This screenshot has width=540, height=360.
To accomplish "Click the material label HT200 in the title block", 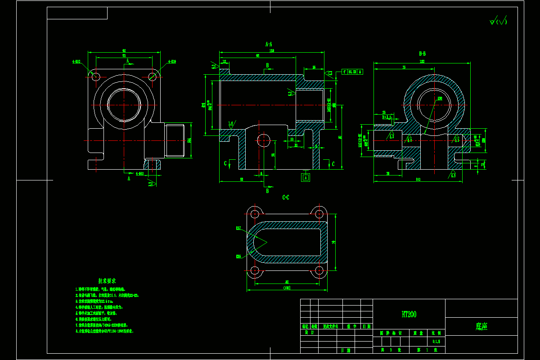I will [409, 315].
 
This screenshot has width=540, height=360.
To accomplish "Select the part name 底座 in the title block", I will [481, 327].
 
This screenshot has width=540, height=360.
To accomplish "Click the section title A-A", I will [269, 44].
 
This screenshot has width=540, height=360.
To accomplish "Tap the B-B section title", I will [422, 54].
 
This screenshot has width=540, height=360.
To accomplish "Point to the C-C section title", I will [286, 197].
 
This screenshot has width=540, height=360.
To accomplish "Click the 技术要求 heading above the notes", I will [108, 281].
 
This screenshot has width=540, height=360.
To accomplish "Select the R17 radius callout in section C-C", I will [238, 228].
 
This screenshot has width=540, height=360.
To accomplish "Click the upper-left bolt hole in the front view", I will [95, 76].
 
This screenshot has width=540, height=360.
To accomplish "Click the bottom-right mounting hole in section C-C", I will [320, 271].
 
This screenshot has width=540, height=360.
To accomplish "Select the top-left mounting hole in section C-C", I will [255, 213].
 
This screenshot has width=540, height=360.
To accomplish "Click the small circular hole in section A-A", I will [262, 140].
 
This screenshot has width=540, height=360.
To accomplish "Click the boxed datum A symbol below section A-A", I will [306, 177].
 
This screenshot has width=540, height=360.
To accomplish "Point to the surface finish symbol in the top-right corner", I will [498, 21].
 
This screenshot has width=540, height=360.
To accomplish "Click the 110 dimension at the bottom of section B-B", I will [418, 180].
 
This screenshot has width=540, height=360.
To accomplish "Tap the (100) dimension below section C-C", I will [287, 288].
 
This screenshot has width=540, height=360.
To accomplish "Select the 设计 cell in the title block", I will [309, 333].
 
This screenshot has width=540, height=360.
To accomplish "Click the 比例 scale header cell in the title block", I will [436, 333].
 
